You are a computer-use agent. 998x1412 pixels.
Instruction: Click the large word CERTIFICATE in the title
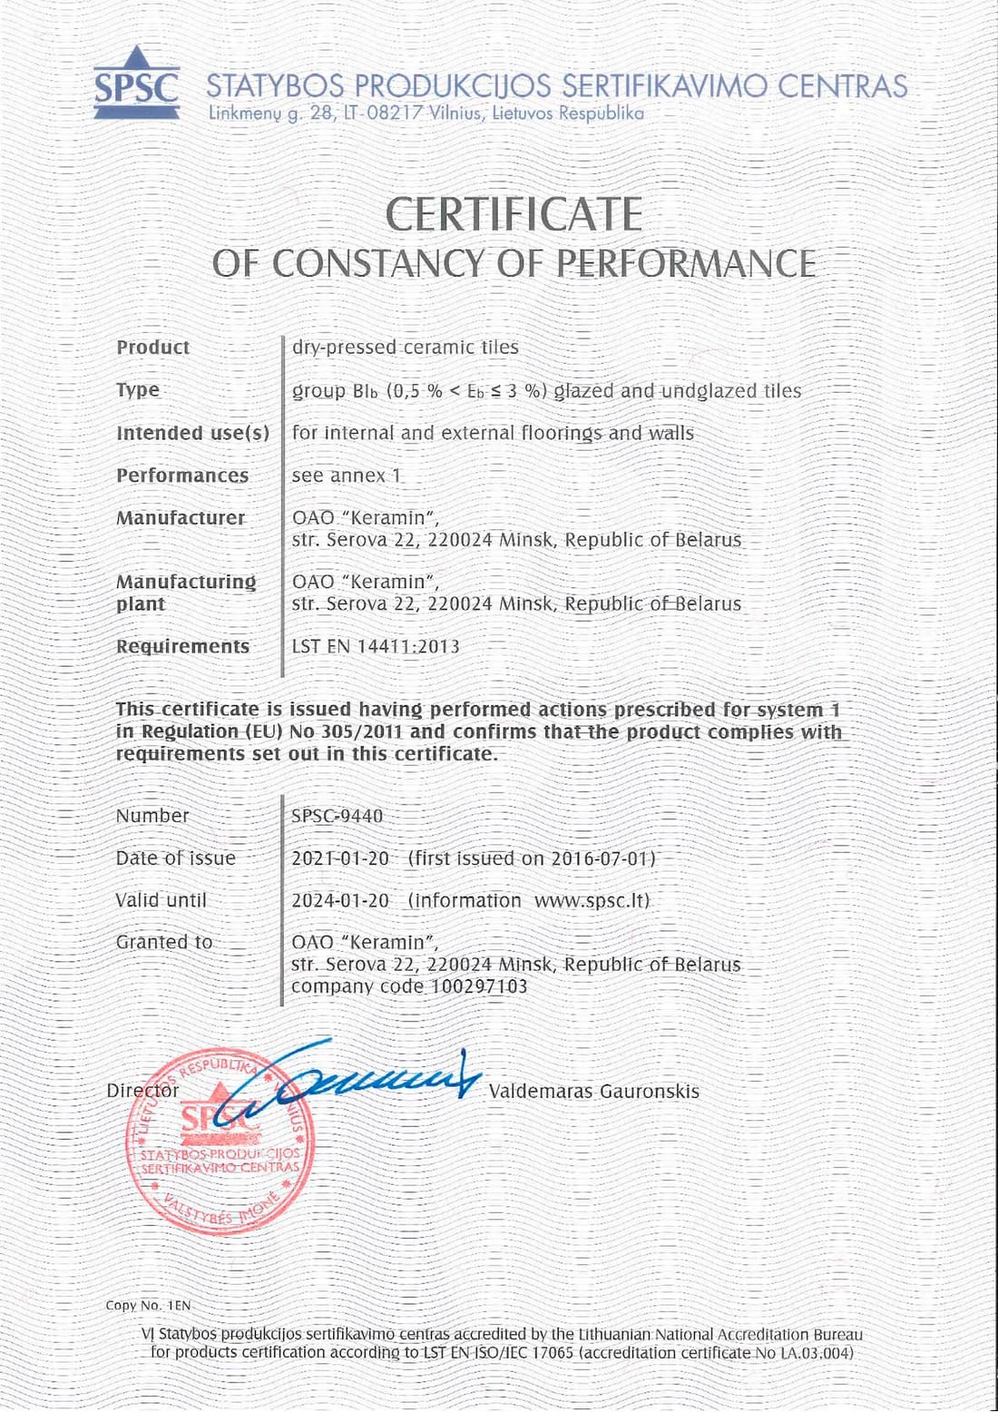pos(514,215)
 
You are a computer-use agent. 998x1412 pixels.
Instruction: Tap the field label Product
pos(152,348)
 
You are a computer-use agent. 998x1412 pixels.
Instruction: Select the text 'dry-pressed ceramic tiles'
pos(405,348)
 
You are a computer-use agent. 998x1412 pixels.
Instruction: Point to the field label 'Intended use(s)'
pos(192,433)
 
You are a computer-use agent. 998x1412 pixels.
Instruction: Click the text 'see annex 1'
pos(346,476)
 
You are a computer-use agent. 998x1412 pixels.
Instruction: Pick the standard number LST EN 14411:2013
pos(375,646)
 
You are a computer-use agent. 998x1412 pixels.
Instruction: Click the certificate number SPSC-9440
pos(337,816)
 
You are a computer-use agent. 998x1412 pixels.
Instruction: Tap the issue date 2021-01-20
pos(340,858)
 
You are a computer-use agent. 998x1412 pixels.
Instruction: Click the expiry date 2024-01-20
pos(340,900)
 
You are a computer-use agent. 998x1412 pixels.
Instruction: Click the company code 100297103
pos(478,986)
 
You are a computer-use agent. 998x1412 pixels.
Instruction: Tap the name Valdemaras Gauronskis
pos(593,1091)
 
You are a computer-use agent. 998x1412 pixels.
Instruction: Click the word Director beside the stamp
pos(142,1091)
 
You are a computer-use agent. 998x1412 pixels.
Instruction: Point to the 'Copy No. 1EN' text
pos(148,1305)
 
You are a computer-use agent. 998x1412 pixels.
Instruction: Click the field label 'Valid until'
pos(161,900)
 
